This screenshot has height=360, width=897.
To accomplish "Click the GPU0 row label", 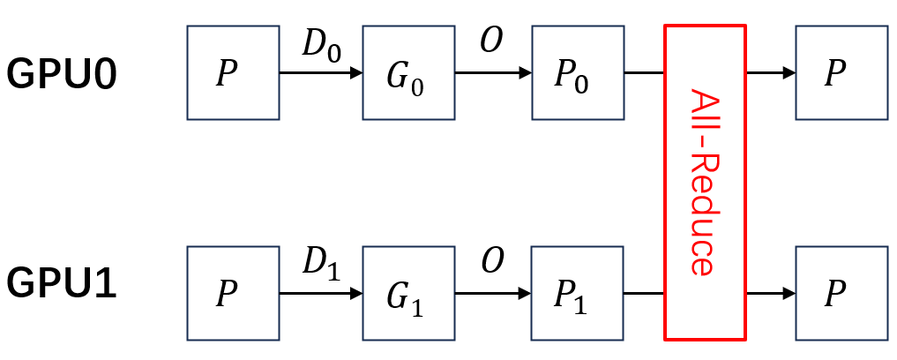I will point(62,73).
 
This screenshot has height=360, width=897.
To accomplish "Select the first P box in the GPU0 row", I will point(228,72).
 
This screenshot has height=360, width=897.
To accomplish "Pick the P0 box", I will point(572,72).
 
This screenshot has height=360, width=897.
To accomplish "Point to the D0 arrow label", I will point(320,44).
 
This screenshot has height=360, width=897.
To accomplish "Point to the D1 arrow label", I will point(320,263).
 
